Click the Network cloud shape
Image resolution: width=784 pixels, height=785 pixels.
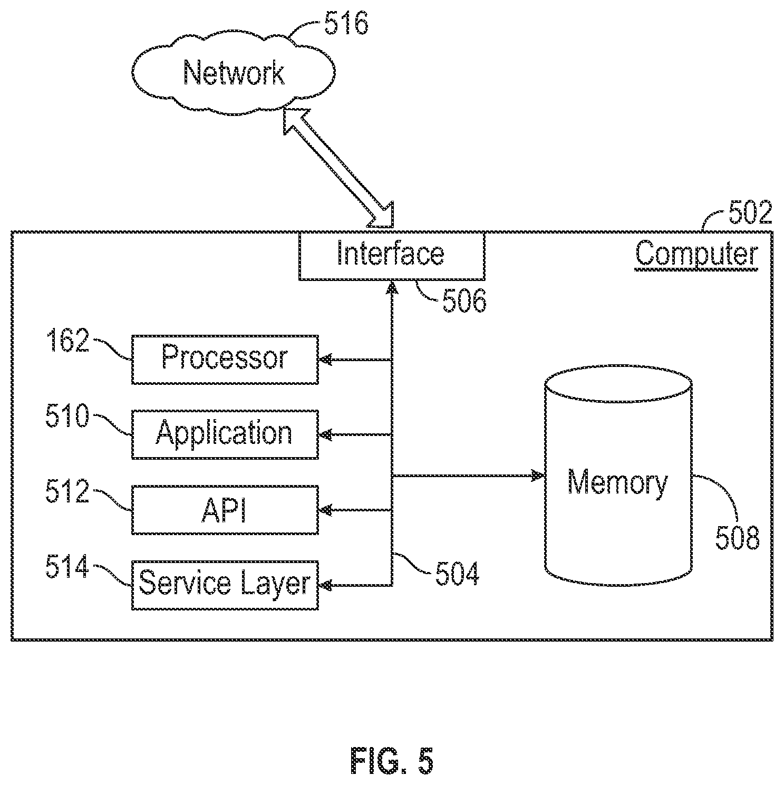(233, 73)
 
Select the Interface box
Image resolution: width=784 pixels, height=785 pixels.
(391, 256)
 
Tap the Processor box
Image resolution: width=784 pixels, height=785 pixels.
(225, 359)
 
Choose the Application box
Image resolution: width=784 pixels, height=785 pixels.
(225, 434)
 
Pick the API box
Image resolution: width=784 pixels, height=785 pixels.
(225, 510)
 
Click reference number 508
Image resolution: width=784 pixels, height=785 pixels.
(737, 538)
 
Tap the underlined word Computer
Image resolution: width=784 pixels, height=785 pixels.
(696, 255)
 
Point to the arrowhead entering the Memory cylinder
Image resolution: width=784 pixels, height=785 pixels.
(538, 476)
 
